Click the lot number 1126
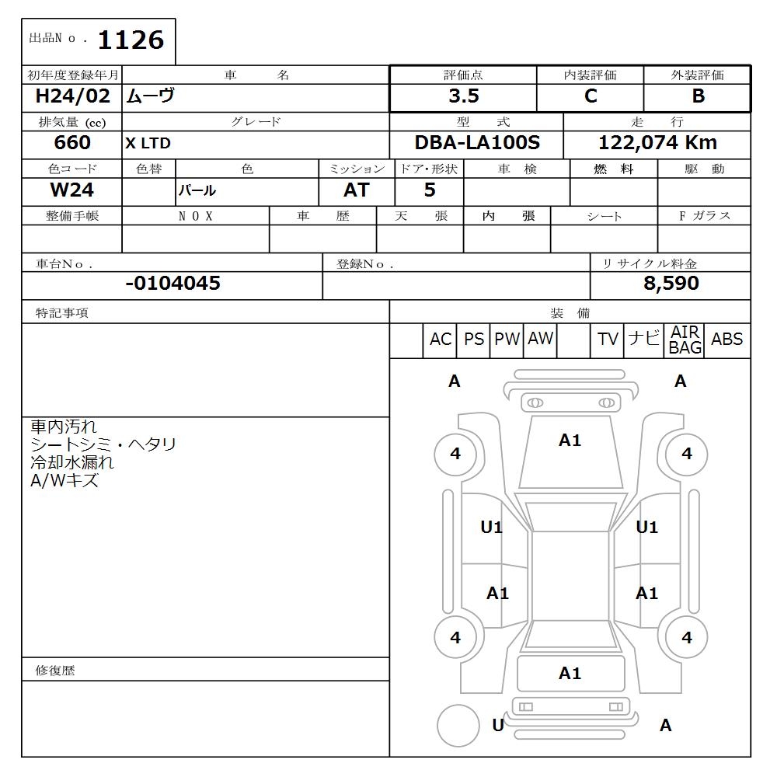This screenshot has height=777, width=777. click(x=131, y=40)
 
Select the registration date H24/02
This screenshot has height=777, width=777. click(x=73, y=96)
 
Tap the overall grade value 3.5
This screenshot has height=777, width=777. click(x=463, y=96)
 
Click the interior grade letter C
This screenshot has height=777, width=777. click(x=591, y=96)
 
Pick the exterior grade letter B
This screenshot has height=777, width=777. click(x=698, y=96)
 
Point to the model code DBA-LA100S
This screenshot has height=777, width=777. click(x=477, y=143)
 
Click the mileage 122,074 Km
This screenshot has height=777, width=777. click(x=657, y=143)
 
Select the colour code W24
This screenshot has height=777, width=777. click(x=72, y=190)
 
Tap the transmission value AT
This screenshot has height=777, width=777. click(x=357, y=190)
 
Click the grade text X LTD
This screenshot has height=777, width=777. click(x=148, y=144)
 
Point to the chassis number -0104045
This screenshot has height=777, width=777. click(x=172, y=284)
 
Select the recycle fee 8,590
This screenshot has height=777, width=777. click(x=671, y=284)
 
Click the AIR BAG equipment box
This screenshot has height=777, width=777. click(x=685, y=340)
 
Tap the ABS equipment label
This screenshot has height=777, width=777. click(x=726, y=340)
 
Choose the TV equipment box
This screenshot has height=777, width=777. click(x=608, y=340)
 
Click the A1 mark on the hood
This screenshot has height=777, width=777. click(x=570, y=441)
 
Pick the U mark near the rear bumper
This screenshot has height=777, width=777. click(x=498, y=725)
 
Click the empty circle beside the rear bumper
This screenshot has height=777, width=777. click(x=458, y=726)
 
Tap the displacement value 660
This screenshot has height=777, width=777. click(x=72, y=143)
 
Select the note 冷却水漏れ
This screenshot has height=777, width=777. click(x=72, y=462)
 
